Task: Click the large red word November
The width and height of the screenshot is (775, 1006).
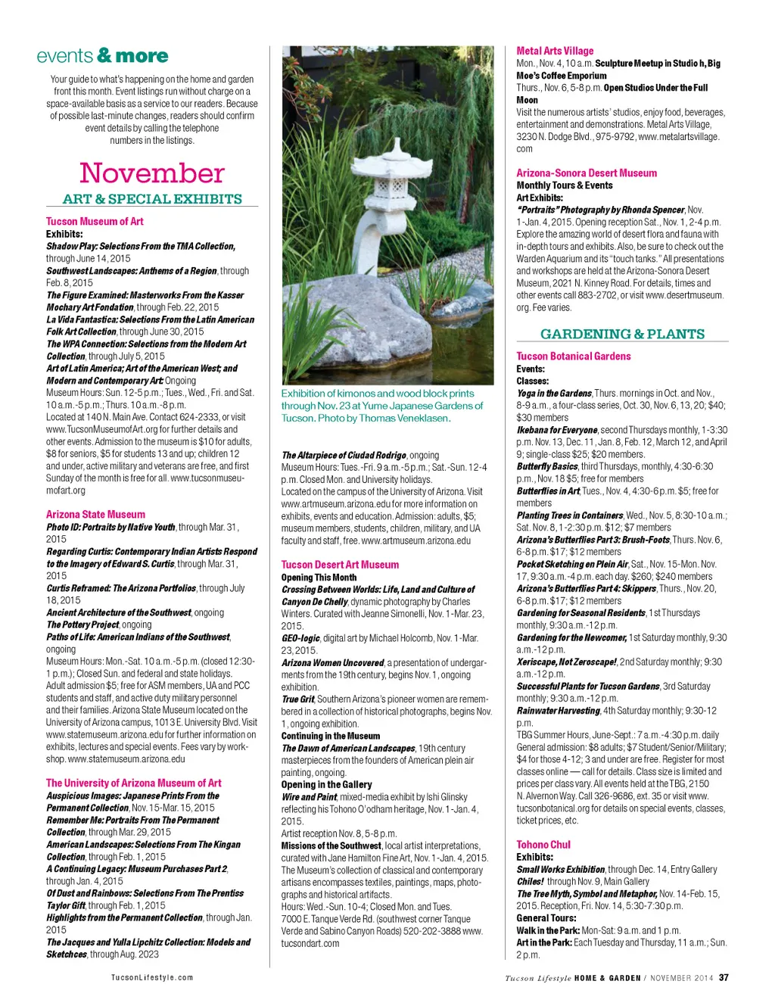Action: pos(152,173)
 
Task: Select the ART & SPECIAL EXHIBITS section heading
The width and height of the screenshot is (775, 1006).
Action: pos(152,199)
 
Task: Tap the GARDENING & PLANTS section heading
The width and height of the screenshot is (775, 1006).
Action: pos(622,334)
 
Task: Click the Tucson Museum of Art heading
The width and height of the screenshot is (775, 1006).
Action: pos(95,221)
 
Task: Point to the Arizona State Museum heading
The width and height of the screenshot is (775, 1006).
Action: pos(95,514)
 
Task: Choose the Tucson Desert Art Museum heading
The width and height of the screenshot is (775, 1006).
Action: pos(340,565)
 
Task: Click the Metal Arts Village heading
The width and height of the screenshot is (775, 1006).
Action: pos(555,51)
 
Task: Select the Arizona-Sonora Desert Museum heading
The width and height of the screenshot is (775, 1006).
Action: pos(587,173)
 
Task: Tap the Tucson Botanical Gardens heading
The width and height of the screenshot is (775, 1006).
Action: pos(573,356)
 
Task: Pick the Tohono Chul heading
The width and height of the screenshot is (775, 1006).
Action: pos(543,845)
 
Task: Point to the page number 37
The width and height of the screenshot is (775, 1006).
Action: pos(724,977)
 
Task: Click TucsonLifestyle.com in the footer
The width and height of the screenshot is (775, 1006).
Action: pos(152,977)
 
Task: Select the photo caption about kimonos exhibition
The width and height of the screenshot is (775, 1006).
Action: pos(381,406)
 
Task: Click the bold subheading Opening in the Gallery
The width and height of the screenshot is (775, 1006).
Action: pos(326,785)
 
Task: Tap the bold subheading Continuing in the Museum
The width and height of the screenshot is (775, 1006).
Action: pos(331,736)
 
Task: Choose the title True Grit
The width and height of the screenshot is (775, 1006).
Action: pos(297,699)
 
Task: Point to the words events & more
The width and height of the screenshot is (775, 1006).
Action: pos(102,56)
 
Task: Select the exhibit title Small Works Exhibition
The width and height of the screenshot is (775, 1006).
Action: pos(560,869)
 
